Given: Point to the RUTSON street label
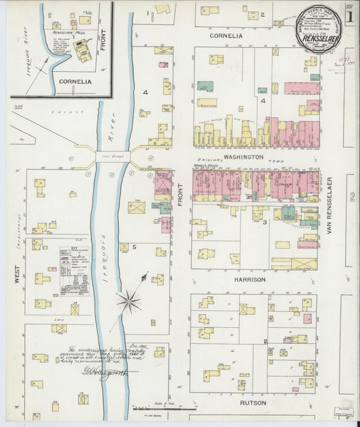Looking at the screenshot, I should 253,403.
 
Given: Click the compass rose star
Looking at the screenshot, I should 128,299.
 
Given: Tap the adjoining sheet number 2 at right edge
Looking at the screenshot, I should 352,197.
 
